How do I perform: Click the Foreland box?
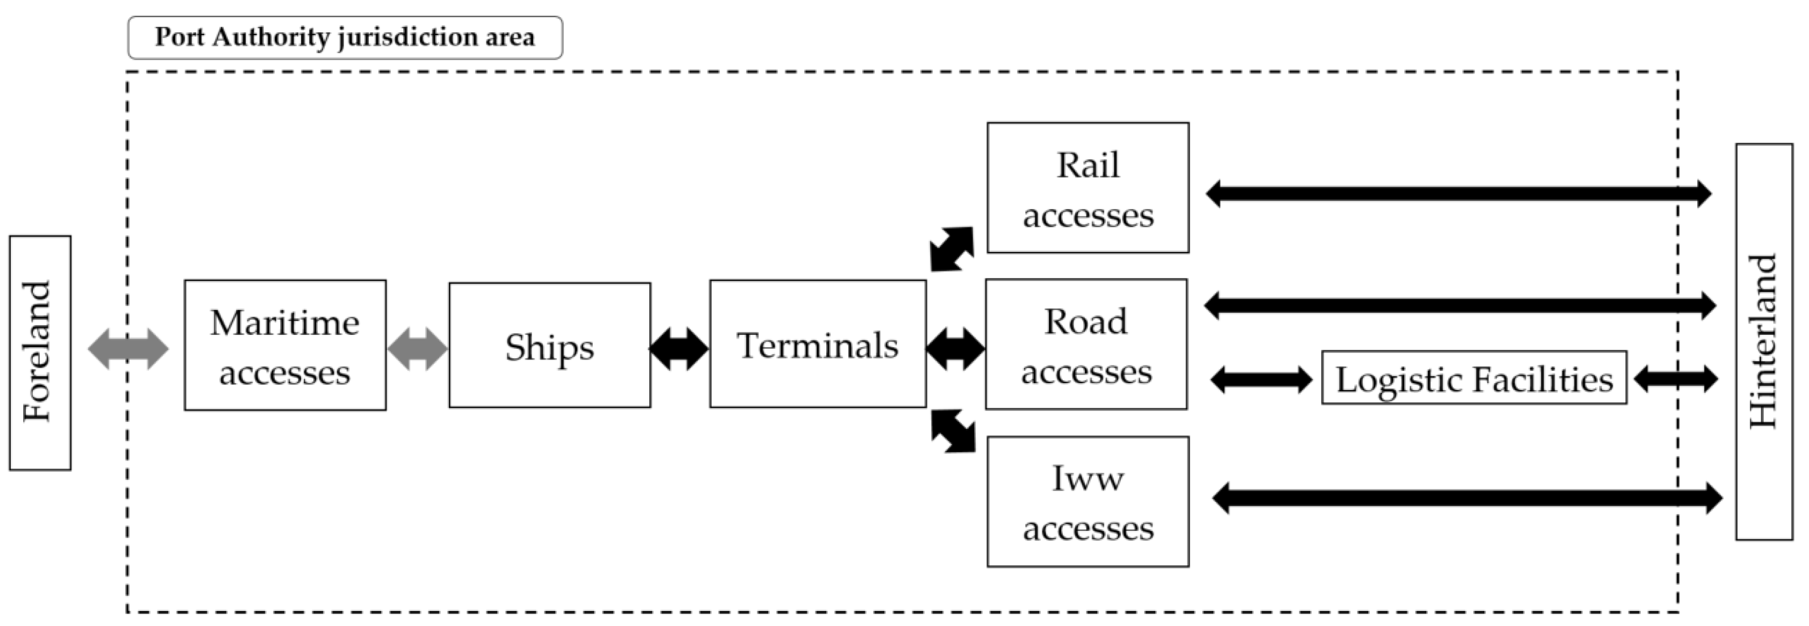[40, 352]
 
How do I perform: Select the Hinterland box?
[1763, 342]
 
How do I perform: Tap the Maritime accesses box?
[285, 346]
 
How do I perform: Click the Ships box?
[549, 346]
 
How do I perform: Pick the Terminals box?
[818, 344]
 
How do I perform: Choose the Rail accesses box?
[1088, 188]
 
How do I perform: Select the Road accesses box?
[1086, 344]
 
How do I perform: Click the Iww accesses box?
[1088, 501]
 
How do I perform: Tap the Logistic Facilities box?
[1474, 378]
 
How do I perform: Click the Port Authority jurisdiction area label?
[345, 37]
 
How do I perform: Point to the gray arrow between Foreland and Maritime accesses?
[128, 348]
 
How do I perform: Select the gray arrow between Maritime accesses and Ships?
[417, 348]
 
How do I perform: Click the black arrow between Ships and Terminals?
[678, 348]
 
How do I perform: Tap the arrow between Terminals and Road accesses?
[955, 348]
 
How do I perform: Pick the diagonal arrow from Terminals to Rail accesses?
[952, 248]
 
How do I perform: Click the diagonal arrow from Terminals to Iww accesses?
[954, 431]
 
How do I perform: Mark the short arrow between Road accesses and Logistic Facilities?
[1261, 380]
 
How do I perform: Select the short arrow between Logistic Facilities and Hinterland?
[1676, 379]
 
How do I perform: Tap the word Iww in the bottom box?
[1088, 479]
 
